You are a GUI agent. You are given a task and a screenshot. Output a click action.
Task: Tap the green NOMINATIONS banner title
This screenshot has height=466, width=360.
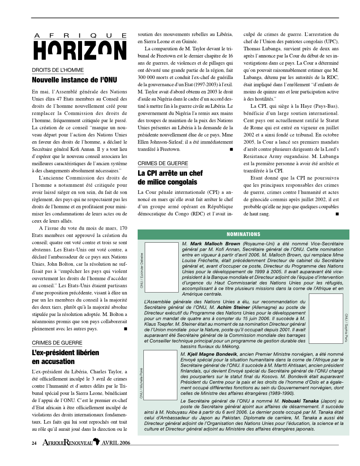point(244,234)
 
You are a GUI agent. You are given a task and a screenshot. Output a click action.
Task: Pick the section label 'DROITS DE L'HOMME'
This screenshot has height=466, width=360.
point(58,70)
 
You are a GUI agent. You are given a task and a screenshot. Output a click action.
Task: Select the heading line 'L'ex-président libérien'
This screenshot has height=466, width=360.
point(65,353)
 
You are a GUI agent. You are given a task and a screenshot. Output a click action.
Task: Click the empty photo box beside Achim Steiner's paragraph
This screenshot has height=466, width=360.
point(326,318)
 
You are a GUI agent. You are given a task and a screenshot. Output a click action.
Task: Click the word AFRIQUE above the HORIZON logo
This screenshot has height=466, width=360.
point(80,35)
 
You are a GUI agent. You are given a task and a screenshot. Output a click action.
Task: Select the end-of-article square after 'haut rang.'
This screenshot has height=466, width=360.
point(337,214)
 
